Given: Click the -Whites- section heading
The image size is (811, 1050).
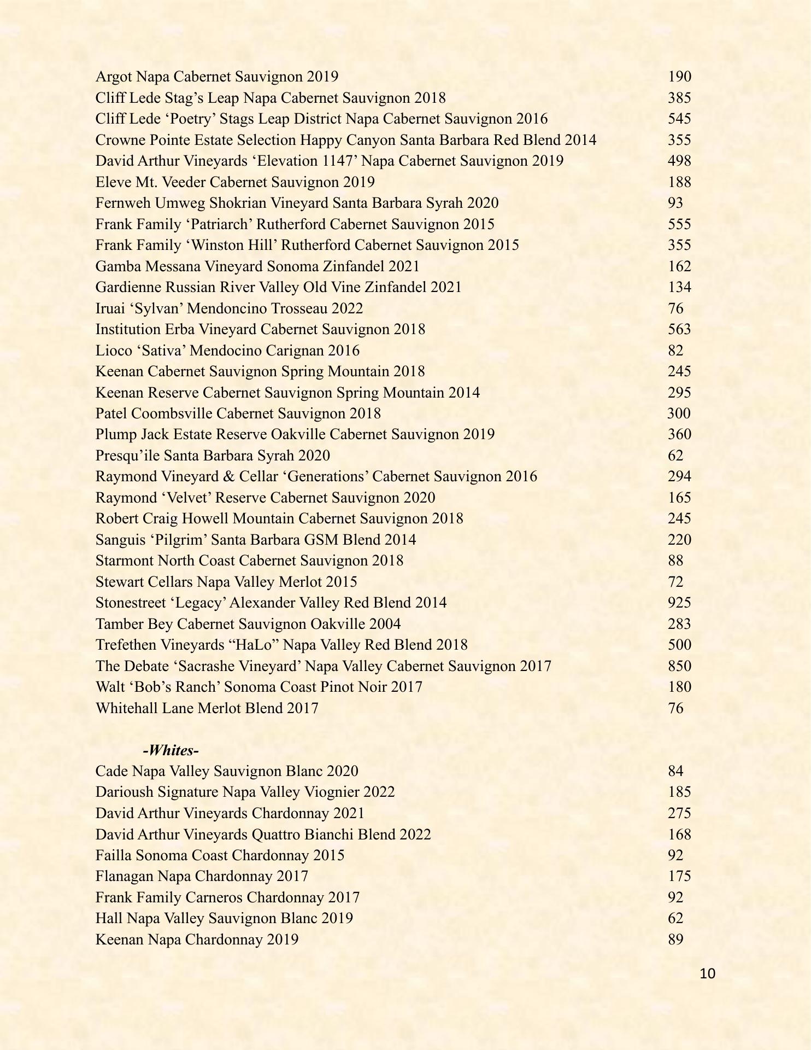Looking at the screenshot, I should [171, 750].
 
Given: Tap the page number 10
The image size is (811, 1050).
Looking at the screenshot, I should [707, 973].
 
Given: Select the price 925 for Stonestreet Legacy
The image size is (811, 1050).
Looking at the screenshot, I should [679, 603].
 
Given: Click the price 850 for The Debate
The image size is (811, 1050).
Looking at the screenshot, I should [679, 666].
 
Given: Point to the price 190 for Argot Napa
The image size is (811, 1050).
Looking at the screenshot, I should [679, 77].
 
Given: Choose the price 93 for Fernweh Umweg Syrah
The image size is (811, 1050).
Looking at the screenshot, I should [675, 203].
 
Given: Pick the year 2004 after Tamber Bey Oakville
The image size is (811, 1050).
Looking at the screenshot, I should [385, 624].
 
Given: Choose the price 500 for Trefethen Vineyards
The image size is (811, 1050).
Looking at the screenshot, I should [679, 645].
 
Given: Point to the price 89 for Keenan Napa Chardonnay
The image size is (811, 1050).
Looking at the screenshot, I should [675, 940].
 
